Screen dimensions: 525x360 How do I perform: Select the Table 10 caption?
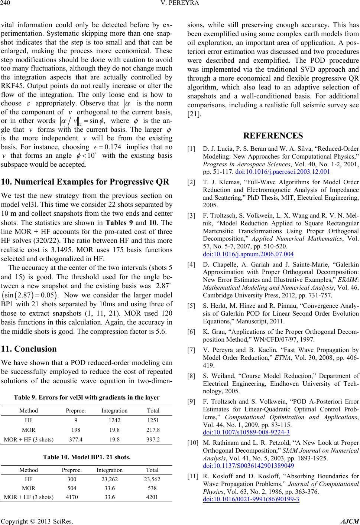tap(87, 458)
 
